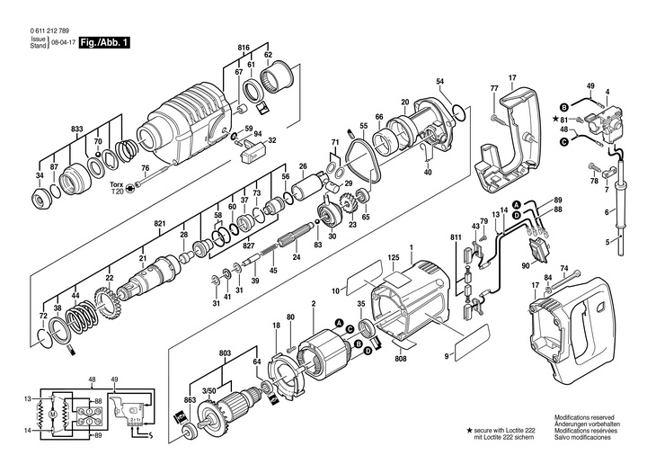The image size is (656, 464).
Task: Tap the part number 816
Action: point(243,46)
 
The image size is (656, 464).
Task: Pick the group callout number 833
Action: point(79,130)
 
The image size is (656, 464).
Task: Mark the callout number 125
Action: point(393,259)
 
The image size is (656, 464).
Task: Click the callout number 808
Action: point(401,357)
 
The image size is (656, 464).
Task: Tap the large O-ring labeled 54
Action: point(458,112)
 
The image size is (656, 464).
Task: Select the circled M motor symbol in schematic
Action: point(52,413)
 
